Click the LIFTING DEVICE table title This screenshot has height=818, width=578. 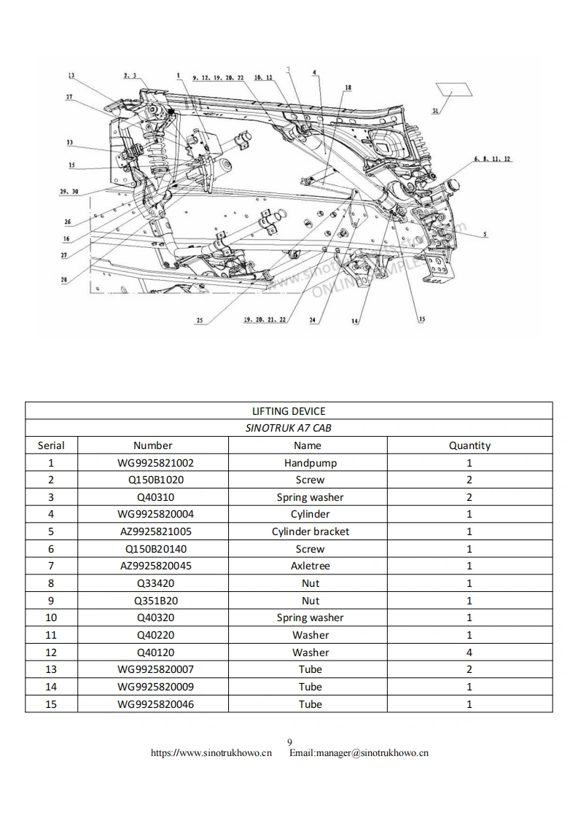[x=289, y=411]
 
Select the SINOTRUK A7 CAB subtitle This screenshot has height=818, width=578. [x=289, y=428]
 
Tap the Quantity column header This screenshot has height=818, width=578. [x=469, y=445]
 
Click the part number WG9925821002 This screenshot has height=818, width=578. [x=156, y=463]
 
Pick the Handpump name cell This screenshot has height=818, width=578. [x=311, y=463]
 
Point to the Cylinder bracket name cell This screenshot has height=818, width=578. [x=311, y=531]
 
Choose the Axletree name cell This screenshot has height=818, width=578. [x=311, y=566]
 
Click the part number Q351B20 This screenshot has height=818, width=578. [x=156, y=601]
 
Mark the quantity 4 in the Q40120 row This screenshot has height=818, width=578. [x=469, y=653]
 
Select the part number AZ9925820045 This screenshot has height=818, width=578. [x=156, y=566]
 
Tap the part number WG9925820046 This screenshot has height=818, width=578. [x=156, y=704]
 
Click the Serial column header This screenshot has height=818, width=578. [x=51, y=445]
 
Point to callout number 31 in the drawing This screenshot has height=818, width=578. [x=435, y=111]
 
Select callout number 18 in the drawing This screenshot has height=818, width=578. [x=348, y=87]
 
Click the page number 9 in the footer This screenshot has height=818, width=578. [x=289, y=743]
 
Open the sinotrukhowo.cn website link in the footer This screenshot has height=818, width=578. [x=211, y=753]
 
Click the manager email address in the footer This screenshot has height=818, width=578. [x=359, y=753]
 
